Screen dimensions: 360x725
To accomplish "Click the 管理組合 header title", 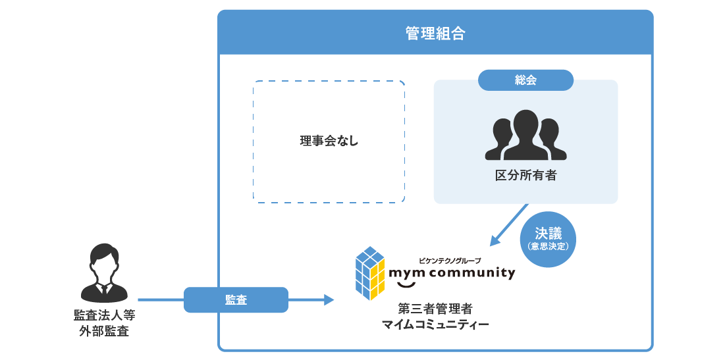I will pyautogui.click(x=435, y=34).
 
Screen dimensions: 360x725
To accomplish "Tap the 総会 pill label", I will pyautogui.click(x=525, y=80).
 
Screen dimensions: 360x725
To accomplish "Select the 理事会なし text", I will pyautogui.click(x=329, y=141).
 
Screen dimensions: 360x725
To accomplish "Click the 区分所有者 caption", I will pyautogui.click(x=525, y=176).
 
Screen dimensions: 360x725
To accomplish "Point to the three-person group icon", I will pyautogui.click(x=525, y=136).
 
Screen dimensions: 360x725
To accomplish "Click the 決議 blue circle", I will pyautogui.click(x=548, y=239).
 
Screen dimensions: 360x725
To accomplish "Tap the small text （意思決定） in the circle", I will pyautogui.click(x=548, y=247).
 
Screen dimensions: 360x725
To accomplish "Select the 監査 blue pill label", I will pyautogui.click(x=236, y=299).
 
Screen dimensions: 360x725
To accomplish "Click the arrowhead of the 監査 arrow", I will pyautogui.click(x=329, y=299).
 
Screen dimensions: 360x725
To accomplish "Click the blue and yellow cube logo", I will pyautogui.click(x=369, y=273).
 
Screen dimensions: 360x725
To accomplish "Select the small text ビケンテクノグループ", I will pyautogui.click(x=450, y=260).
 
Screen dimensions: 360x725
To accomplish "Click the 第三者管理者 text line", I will pyautogui.click(x=435, y=308).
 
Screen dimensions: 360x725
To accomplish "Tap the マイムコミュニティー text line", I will pyautogui.click(x=435, y=324).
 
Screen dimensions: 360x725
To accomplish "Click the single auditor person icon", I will pyautogui.click(x=103, y=273).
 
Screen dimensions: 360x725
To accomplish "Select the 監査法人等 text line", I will pyautogui.click(x=104, y=315).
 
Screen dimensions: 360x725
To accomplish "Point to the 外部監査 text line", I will pyautogui.click(x=104, y=331).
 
